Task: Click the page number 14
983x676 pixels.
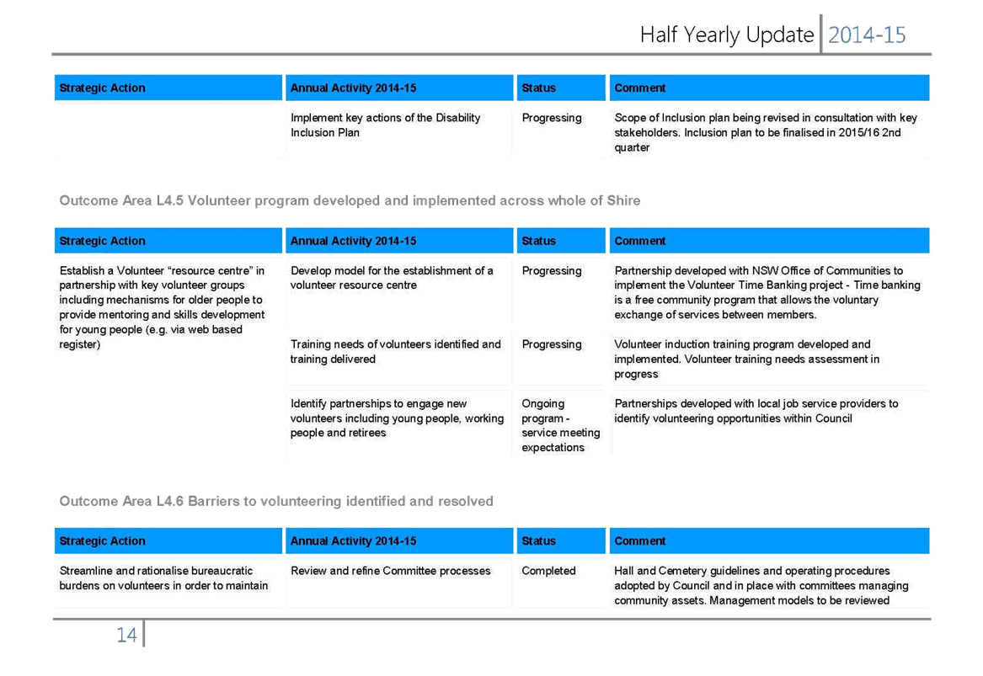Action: click(x=126, y=636)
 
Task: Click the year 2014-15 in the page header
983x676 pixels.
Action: click(x=867, y=35)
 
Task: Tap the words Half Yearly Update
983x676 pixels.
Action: click(x=727, y=35)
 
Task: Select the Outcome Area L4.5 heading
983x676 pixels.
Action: click(x=350, y=200)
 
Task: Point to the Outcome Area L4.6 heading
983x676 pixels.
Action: click(x=276, y=501)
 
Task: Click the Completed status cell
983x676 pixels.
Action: click(x=548, y=571)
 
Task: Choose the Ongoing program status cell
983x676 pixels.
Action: click(x=560, y=425)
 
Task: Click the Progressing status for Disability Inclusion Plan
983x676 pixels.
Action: click(x=552, y=118)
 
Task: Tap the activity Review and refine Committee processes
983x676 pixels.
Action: click(x=391, y=571)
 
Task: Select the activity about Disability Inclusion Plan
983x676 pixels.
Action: click(x=385, y=125)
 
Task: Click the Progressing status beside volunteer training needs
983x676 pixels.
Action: click(x=552, y=344)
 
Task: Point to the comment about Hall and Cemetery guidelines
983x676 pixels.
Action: click(x=761, y=586)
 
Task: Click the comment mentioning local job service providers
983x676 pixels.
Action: click(x=756, y=411)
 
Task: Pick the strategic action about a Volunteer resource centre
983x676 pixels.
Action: click(x=162, y=307)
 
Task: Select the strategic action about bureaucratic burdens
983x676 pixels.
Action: click(x=163, y=578)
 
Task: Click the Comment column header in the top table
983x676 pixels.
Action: click(x=640, y=88)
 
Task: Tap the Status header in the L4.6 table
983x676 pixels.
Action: click(x=538, y=541)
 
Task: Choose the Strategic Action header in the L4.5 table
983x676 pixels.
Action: click(x=102, y=242)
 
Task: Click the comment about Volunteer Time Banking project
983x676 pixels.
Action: click(x=767, y=293)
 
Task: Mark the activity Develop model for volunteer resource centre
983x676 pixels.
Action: click(x=392, y=278)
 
